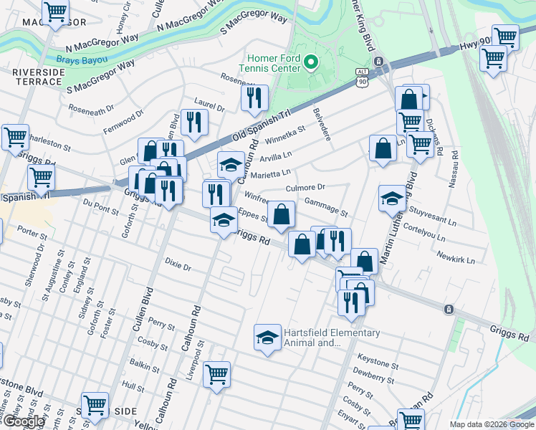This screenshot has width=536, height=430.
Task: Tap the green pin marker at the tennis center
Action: click(x=310, y=63)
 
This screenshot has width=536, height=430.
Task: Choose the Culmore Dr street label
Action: click(x=305, y=187)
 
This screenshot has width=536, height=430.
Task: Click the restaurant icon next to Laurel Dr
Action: click(x=194, y=123)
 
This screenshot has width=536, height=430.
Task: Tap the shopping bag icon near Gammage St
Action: click(x=283, y=214)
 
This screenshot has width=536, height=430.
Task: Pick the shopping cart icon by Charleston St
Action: click(x=15, y=137)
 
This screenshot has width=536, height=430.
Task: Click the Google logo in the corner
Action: click(x=24, y=421)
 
